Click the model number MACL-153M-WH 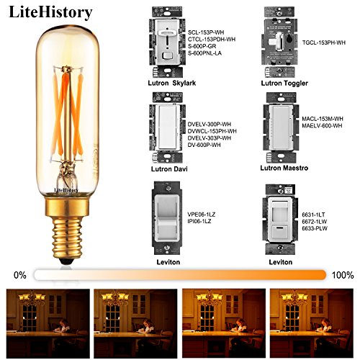tap(323, 118)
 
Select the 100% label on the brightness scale tap(344, 274)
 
